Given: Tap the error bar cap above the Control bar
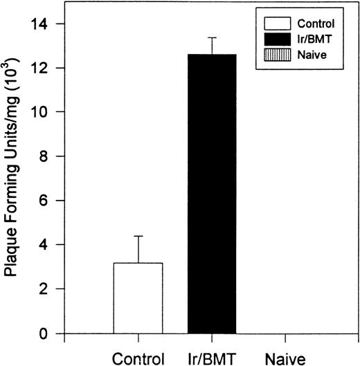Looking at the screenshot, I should (x=138, y=237).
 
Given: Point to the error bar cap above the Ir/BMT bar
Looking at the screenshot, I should (x=212, y=37).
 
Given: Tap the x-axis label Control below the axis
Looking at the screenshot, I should (x=138, y=358).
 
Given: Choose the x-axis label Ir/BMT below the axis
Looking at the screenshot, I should (x=212, y=358).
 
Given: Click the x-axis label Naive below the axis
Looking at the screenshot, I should (x=284, y=358).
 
